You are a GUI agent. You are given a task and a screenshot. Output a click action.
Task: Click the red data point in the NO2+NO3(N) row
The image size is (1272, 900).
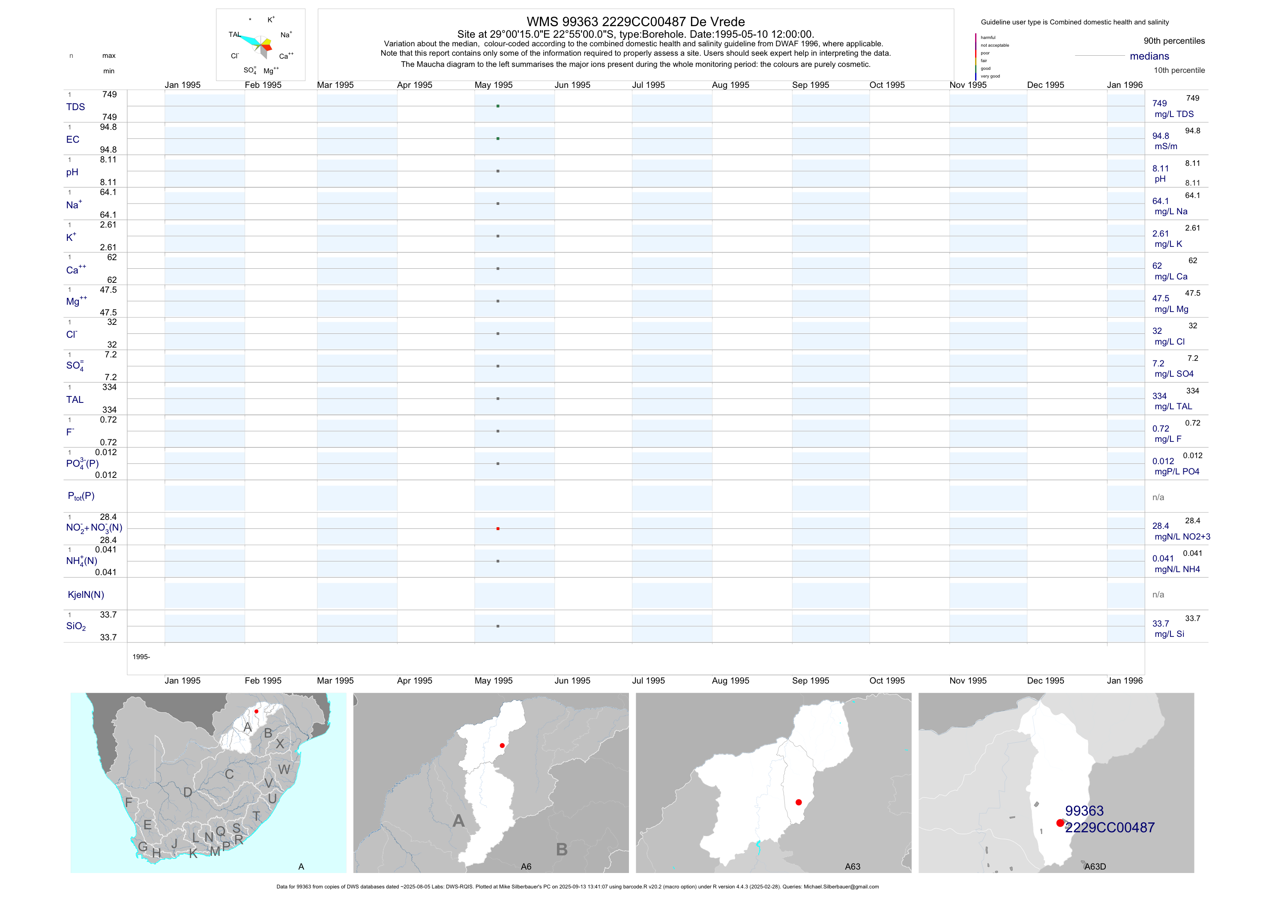[498, 529]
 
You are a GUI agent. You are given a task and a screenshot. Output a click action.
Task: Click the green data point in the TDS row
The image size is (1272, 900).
[498, 106]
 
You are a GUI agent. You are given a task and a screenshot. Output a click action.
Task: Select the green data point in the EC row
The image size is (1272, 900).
[498, 138]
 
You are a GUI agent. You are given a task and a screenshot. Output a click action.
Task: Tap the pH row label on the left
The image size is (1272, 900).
[72, 172]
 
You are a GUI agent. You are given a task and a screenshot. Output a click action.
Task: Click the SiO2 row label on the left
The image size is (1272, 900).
[76, 626]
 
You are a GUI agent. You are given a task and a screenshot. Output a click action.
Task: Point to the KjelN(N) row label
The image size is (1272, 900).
[86, 595]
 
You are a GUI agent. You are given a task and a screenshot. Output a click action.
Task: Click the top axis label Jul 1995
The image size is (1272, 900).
[648, 85]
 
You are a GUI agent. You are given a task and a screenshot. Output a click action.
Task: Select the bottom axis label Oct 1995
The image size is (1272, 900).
[887, 681]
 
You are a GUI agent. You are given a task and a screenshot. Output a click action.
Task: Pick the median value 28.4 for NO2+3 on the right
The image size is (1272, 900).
[1161, 526]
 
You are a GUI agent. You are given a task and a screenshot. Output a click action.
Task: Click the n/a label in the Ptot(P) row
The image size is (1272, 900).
[1158, 498]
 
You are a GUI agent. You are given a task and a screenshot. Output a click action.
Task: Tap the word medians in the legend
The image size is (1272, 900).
[1149, 56]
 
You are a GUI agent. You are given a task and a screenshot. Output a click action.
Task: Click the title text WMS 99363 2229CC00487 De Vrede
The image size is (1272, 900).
[635, 21]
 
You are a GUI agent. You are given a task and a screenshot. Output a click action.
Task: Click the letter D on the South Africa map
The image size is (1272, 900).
[188, 792]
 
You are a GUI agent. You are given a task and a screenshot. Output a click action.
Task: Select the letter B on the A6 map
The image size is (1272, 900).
[562, 849]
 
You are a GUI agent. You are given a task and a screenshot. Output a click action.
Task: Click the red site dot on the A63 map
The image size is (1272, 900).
[798, 802]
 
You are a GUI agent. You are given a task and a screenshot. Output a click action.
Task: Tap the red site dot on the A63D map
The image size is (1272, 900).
[1060, 823]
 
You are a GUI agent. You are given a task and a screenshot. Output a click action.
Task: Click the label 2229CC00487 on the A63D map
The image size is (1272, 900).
[1110, 828]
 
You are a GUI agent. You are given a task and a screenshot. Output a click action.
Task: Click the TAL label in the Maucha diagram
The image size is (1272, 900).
[234, 34]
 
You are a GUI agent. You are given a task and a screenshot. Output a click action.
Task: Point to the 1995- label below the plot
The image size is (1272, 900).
[141, 657]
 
